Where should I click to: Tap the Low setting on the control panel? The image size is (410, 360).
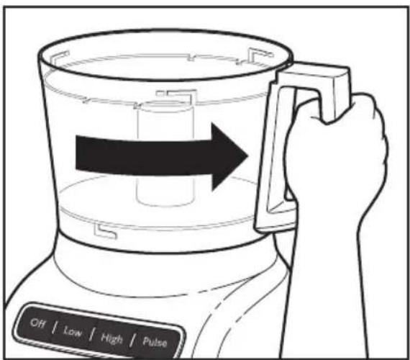[x=73, y=331]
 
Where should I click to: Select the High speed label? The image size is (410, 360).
[x=111, y=338]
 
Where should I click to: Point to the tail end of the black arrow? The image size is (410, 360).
[x=76, y=153]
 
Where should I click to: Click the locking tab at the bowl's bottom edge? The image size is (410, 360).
[x=105, y=231]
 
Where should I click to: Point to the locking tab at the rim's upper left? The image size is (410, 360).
[x=60, y=57]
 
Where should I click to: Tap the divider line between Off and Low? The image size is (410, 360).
[x=55, y=328]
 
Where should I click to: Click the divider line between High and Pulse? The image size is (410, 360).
[x=133, y=341]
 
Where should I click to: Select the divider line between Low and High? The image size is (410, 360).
[x=91, y=334]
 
